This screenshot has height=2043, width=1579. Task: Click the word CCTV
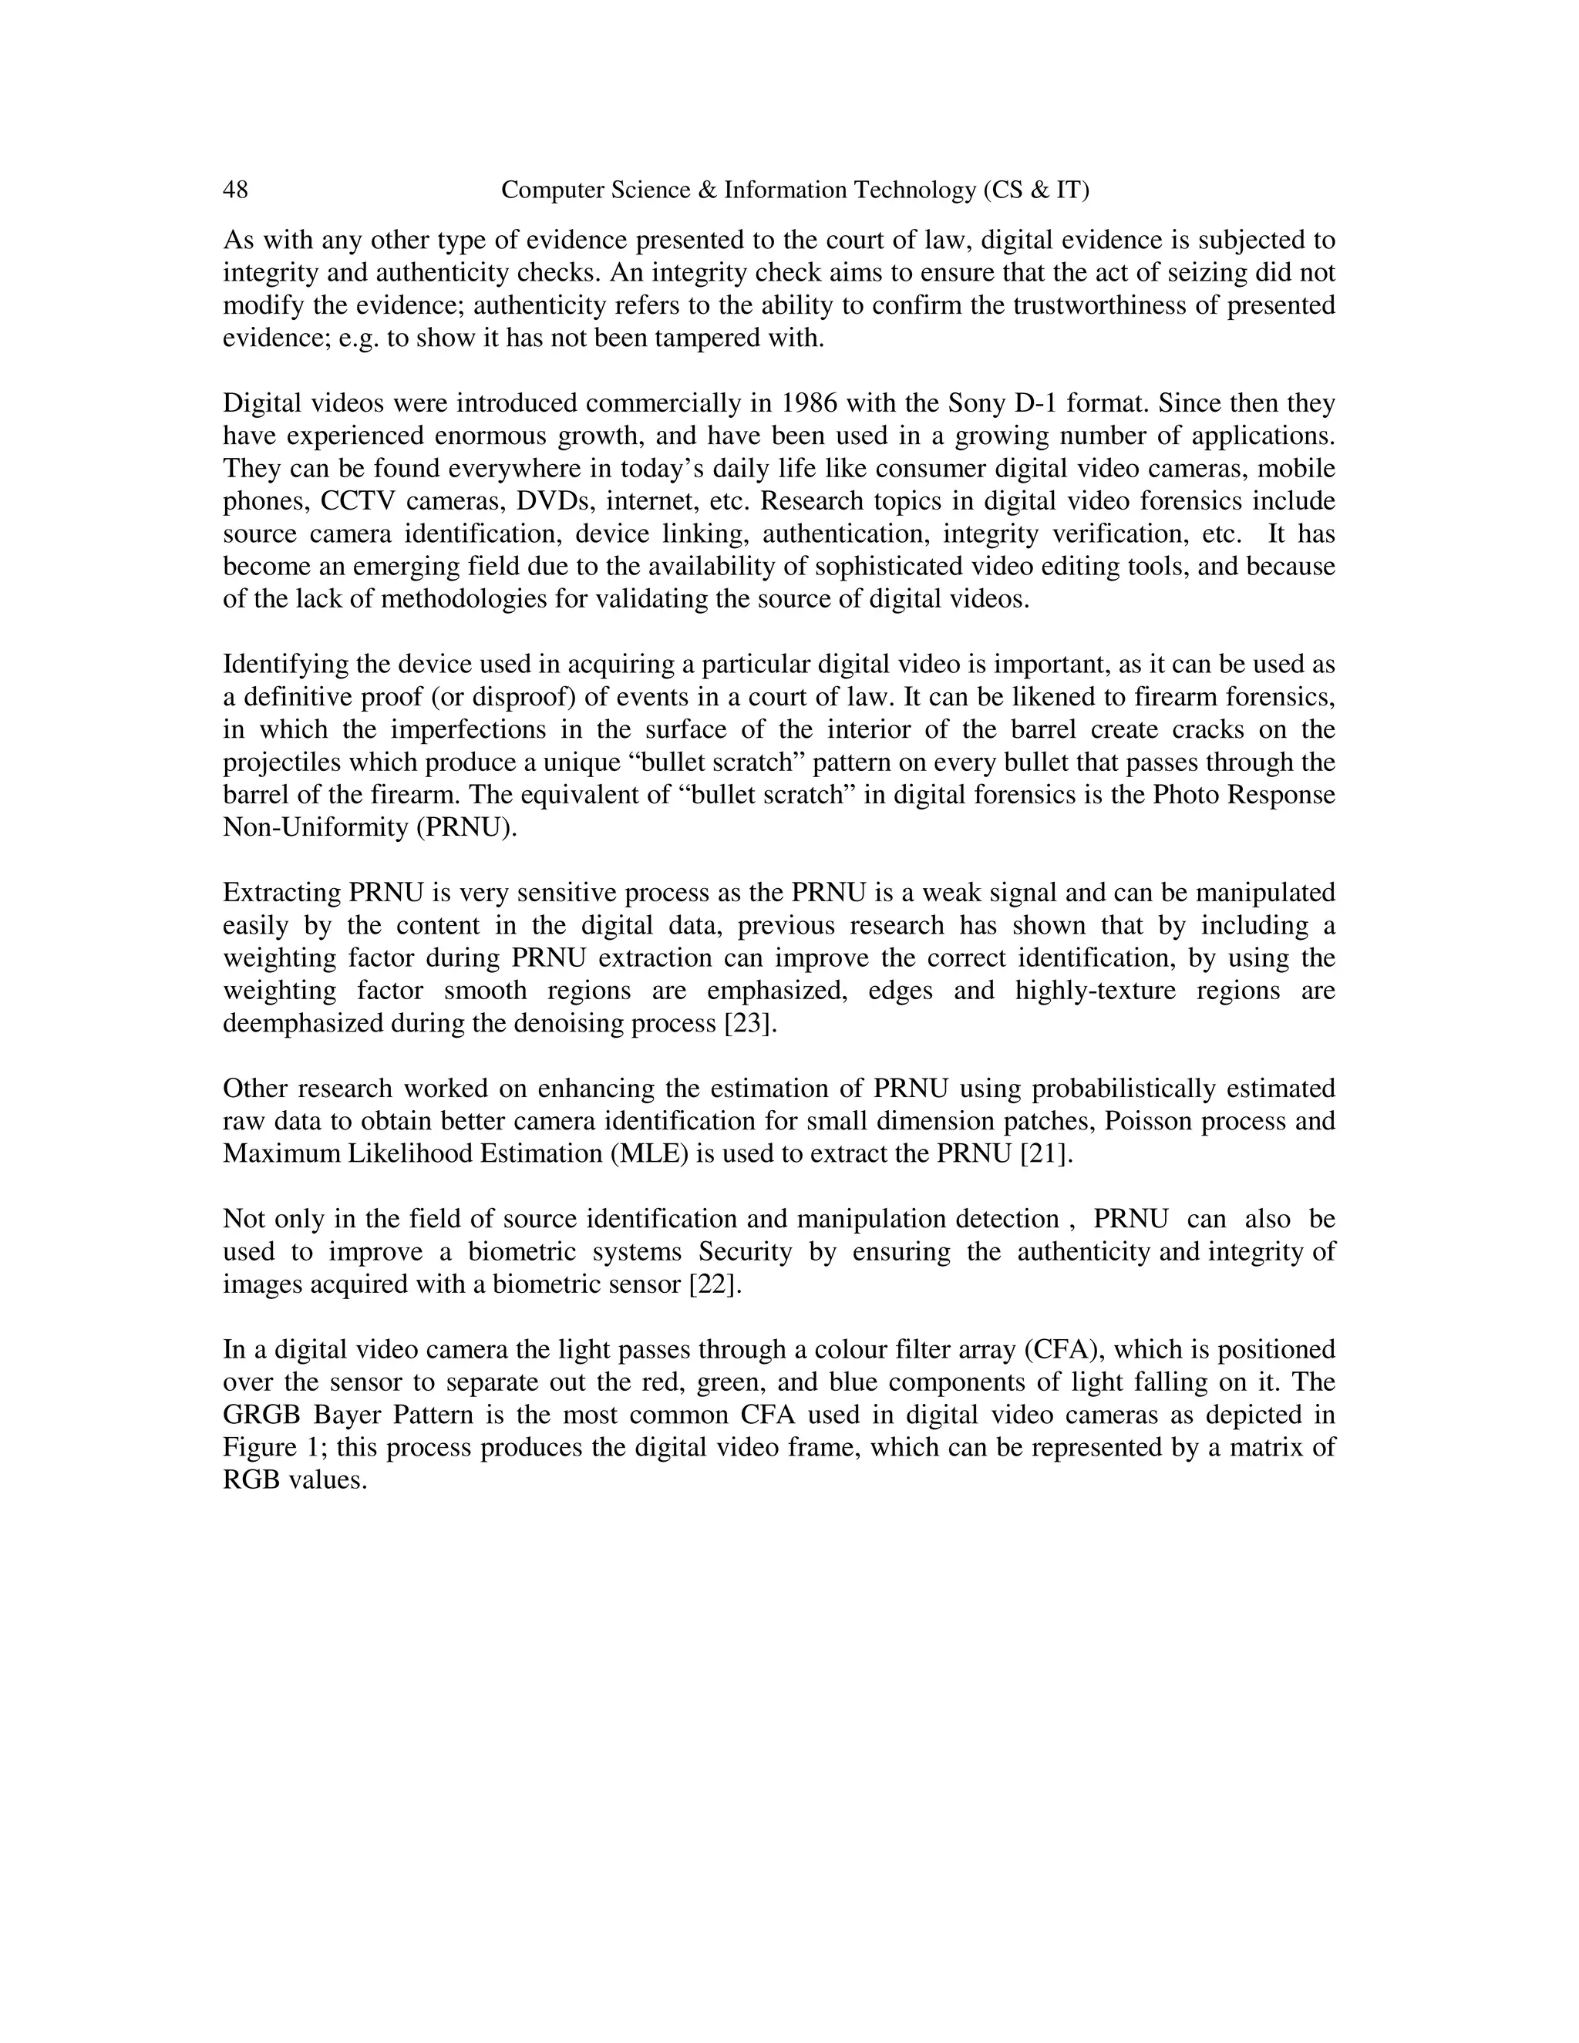pos(359,501)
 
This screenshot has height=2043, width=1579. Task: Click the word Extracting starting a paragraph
pos(281,894)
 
